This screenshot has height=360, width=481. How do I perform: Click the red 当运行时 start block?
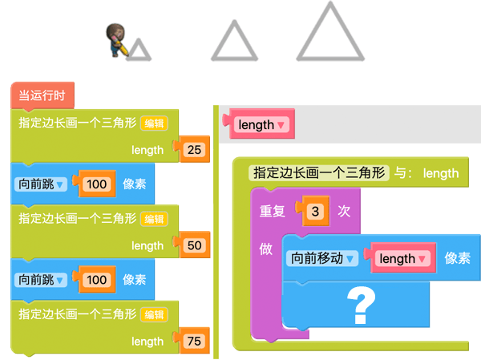[x=42, y=95]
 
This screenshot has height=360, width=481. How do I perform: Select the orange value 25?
[x=194, y=150]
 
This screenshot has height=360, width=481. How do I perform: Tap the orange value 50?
[x=194, y=245]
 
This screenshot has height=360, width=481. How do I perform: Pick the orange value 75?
[x=194, y=342]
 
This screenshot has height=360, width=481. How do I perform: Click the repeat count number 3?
[x=315, y=212]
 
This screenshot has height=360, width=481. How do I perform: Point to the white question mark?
[x=361, y=305]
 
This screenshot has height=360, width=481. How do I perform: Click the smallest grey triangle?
[x=139, y=50]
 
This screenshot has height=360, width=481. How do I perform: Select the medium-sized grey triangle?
[x=234, y=41]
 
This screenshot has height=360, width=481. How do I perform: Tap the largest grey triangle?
[x=330, y=31]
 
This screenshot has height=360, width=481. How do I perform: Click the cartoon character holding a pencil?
[x=117, y=40]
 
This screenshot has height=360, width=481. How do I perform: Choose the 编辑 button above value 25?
[x=154, y=123]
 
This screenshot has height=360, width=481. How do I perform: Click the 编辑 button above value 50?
[x=154, y=219]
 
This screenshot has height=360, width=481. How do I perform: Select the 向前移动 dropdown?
[x=322, y=258]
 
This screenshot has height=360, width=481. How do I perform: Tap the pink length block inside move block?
[x=401, y=258]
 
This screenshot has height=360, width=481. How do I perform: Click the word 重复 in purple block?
[x=272, y=212]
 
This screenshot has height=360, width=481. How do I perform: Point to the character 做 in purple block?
[x=265, y=249]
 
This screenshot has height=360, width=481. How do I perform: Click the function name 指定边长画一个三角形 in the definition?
[x=319, y=173]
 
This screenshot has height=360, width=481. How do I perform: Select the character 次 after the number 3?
[x=344, y=212]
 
